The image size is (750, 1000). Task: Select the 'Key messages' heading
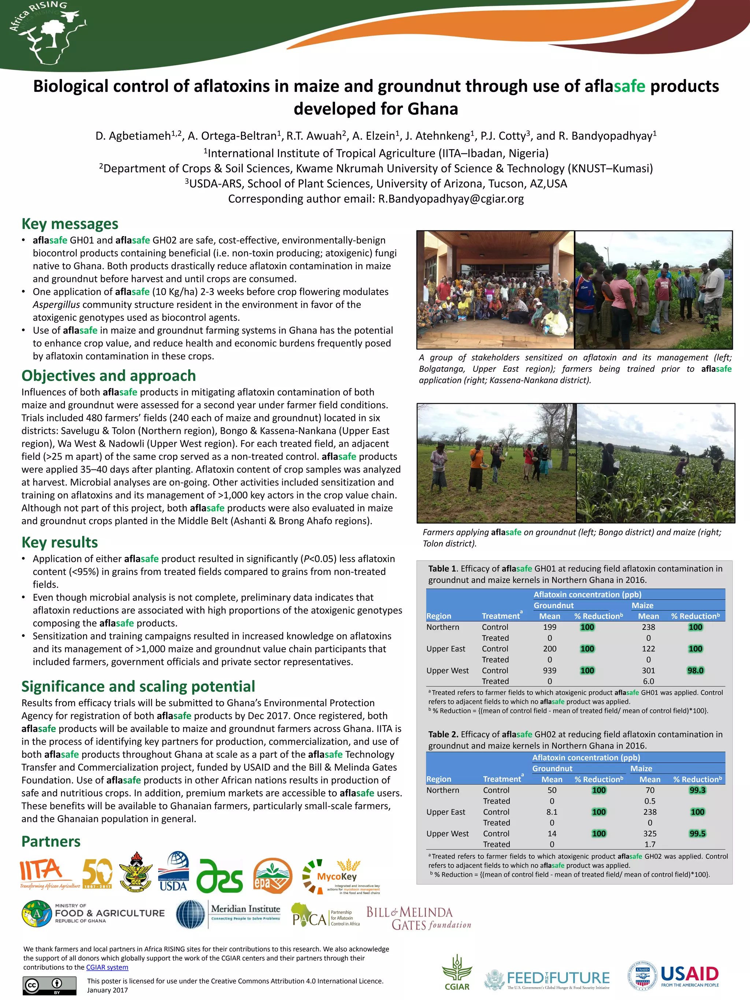(70, 224)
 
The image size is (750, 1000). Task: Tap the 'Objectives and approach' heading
(108, 376)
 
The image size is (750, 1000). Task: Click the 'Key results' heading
(60, 542)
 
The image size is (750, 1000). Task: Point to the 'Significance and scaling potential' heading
(138, 686)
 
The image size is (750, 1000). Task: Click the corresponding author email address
(451, 199)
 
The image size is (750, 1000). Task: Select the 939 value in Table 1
(550, 670)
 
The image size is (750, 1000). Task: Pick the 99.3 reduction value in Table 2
(697, 790)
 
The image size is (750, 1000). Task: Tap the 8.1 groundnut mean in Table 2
(552, 812)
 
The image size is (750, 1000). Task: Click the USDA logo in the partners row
(173, 871)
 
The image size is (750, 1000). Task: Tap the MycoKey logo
(341, 877)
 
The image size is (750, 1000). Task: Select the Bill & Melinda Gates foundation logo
(419, 919)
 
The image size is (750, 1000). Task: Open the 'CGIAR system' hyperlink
(107, 967)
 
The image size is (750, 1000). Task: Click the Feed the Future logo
(547, 979)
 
